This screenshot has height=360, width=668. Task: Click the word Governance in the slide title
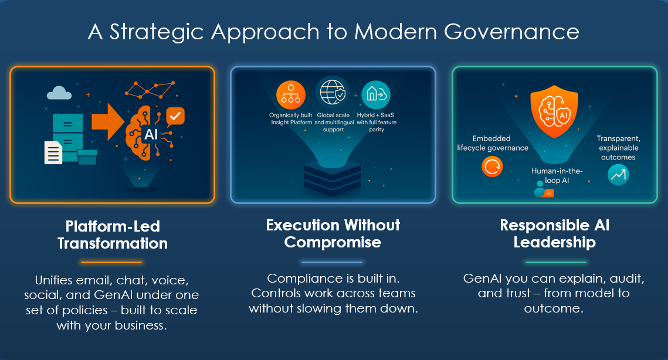point(511,32)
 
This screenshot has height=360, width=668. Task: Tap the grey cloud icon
point(59,93)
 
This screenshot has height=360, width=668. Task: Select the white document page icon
point(53,152)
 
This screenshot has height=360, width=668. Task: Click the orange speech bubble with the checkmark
point(175,116)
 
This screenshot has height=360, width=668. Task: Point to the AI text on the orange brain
point(151,135)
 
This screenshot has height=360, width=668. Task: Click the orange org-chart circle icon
point(291,95)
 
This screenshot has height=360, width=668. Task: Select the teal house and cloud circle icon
point(376,94)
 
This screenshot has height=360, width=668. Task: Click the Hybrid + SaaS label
point(375,115)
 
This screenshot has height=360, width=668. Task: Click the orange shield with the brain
point(554,111)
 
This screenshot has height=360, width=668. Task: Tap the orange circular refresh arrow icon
point(492,167)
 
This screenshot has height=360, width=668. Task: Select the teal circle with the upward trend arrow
point(618,175)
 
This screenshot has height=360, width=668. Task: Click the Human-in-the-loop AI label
point(557,175)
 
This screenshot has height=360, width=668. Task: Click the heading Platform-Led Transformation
point(113,235)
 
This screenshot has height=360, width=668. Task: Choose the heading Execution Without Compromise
point(333,233)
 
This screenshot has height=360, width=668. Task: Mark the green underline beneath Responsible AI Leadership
point(555,262)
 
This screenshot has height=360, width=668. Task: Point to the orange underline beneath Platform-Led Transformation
point(111,262)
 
